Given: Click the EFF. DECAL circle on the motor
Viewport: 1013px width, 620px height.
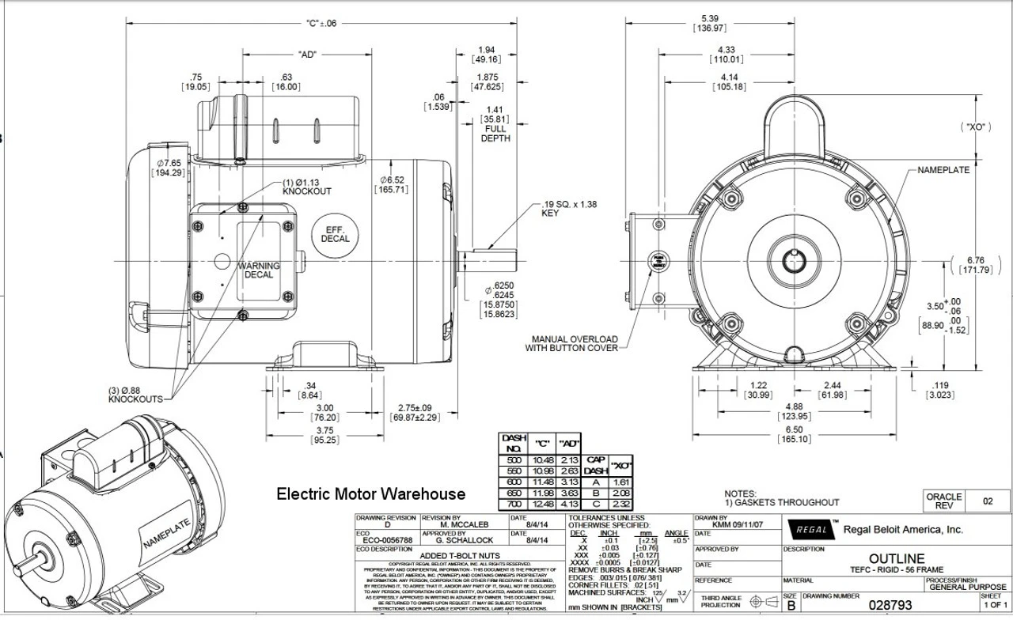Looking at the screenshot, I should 335,233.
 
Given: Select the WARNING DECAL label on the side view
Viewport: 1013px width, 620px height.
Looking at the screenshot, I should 260,270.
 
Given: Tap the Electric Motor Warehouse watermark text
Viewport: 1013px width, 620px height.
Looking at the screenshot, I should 370,494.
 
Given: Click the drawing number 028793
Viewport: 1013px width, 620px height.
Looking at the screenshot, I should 890,605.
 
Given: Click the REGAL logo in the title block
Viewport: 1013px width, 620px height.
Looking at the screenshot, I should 811,530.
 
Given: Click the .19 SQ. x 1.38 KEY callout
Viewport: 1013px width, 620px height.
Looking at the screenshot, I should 560,209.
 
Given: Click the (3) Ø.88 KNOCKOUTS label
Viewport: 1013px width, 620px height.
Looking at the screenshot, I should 135,395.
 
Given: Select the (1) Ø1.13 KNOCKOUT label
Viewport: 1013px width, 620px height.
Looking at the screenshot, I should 307,187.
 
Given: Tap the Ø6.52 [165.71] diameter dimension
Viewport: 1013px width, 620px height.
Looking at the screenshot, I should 393,185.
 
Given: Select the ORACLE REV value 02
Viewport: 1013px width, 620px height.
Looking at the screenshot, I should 987,501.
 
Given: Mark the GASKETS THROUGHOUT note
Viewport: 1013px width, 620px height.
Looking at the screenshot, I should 782,502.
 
